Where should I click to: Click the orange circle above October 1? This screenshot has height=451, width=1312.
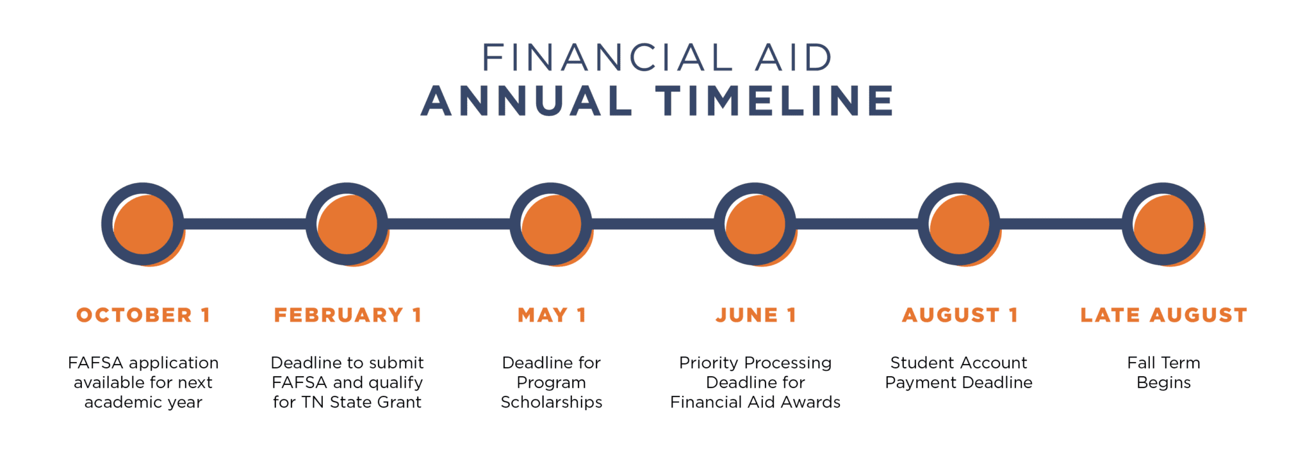(143, 224)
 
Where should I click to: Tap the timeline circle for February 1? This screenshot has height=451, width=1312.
(347, 224)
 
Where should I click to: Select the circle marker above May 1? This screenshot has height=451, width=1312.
(551, 224)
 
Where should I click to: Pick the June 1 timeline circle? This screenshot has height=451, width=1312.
(755, 224)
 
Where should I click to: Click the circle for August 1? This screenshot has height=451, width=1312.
(959, 224)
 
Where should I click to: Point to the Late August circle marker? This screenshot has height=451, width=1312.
(1163, 224)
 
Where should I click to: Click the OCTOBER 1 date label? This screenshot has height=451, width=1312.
(143, 315)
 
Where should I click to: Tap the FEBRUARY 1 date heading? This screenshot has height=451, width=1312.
(347, 315)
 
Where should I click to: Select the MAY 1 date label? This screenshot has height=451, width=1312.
(552, 315)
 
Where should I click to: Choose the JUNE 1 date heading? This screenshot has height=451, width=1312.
(756, 315)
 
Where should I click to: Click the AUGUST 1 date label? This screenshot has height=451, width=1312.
(960, 315)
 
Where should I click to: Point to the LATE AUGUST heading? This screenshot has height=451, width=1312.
(1163, 315)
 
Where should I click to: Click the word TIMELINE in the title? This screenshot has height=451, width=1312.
(774, 101)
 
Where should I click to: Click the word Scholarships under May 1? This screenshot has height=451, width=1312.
(552, 402)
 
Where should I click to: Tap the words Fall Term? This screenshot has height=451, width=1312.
(1163, 363)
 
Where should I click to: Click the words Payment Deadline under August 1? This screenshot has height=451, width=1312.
(959, 383)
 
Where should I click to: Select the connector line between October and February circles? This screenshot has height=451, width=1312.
(245, 224)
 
